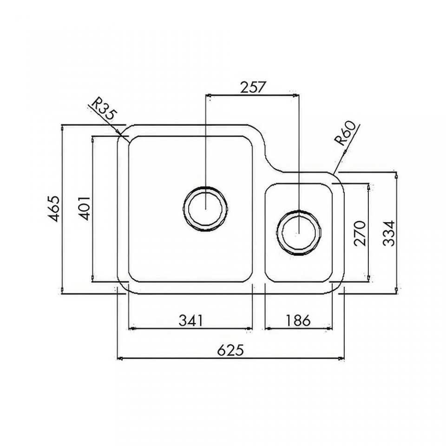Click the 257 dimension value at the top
click(253, 87)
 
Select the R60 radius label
click(345, 133)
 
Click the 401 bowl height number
click(84, 208)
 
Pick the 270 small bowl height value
click(359, 233)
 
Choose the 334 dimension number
click(388, 233)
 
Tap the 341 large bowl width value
click(191, 320)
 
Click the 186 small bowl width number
click(298, 320)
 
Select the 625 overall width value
click(230, 350)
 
